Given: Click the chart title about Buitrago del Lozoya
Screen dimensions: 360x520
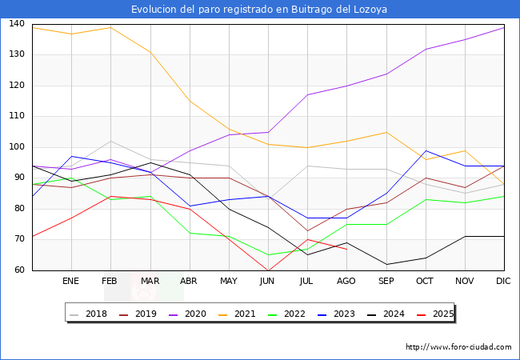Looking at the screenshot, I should [x=260, y=10].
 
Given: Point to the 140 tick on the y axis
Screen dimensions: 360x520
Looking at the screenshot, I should [x=16, y=24].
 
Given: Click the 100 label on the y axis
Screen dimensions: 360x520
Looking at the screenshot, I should [x=16, y=147].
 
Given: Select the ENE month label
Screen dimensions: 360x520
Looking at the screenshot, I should [x=71, y=282].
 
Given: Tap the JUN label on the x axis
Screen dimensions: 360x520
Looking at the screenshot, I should [x=268, y=282].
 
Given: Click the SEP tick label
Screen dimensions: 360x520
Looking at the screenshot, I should [x=386, y=282].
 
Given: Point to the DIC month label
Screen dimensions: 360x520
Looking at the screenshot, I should [x=503, y=282].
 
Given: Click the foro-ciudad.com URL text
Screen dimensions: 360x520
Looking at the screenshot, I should [x=458, y=347].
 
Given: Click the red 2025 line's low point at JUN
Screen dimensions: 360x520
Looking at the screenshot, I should [x=268, y=270].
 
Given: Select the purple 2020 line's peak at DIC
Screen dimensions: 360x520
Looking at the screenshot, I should [x=504, y=27].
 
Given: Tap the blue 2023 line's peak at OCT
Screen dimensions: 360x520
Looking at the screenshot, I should [x=426, y=150].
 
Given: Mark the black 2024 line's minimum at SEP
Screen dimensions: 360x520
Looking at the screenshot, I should [x=386, y=264].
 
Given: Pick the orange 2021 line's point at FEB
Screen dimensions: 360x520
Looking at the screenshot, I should [x=110, y=27].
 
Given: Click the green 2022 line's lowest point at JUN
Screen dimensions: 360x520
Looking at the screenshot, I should [x=268, y=254].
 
